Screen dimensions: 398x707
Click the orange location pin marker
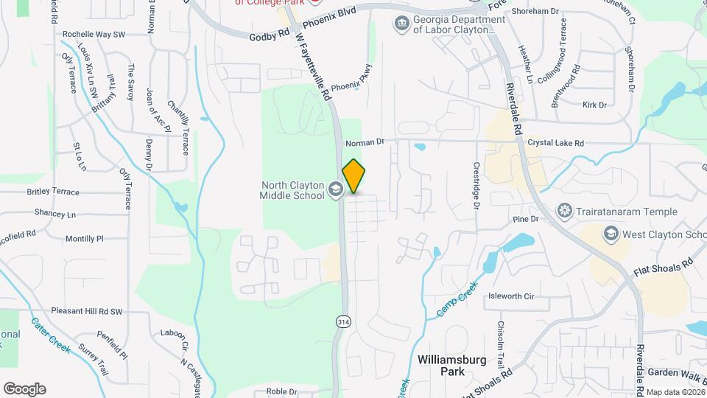[x=353, y=176]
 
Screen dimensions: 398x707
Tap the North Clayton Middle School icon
[x=336, y=189]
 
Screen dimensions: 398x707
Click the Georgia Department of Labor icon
[x=402, y=24]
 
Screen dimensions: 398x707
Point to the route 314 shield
[x=342, y=321]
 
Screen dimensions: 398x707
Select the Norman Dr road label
[x=365, y=140]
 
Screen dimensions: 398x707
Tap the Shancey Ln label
[x=55, y=213]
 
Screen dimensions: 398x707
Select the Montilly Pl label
[x=85, y=239]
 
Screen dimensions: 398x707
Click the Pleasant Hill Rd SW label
[x=87, y=312]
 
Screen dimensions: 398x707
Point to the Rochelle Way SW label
[x=94, y=34]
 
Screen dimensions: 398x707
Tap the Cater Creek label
[x=51, y=335]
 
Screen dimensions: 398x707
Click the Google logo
[x=24, y=389]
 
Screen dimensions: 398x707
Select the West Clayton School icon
[x=611, y=234]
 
